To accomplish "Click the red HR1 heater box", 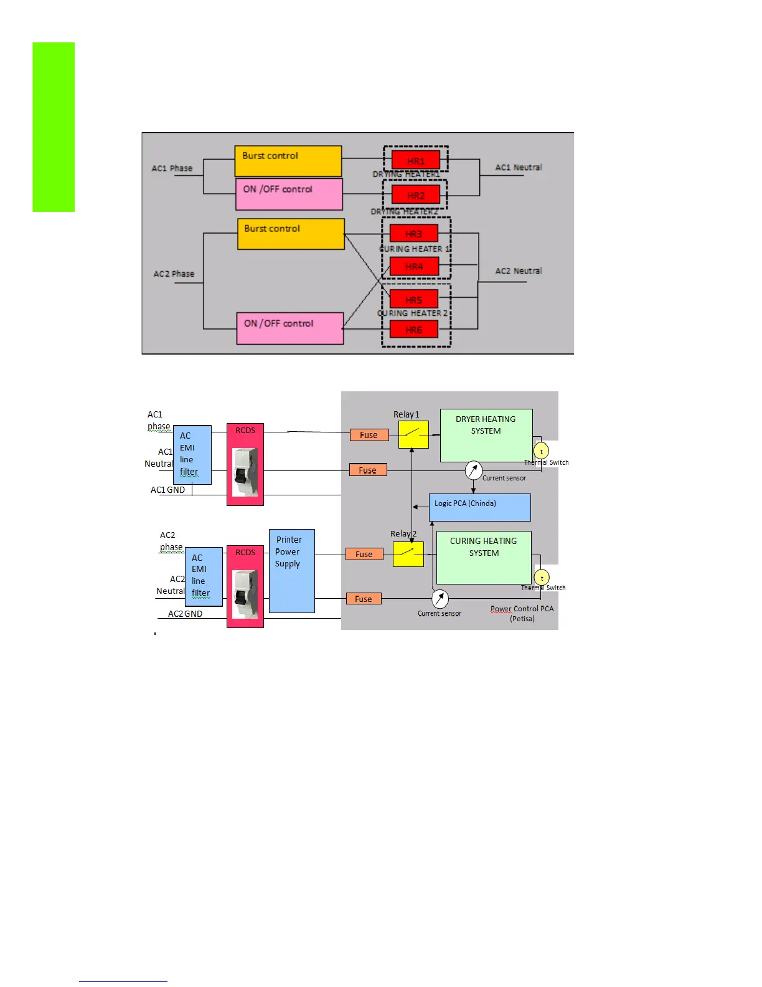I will point(415,160).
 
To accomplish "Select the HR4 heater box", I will point(414,267).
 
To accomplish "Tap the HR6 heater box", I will point(414,330).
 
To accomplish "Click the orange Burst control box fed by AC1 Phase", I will point(288,161).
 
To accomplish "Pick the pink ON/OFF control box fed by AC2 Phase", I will point(290,328).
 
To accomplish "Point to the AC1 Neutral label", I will point(519,168).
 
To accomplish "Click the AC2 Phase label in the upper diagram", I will point(174,274).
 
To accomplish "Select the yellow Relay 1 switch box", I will point(413,434).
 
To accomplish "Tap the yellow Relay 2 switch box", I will point(408,554).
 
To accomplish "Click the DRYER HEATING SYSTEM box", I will point(486,435).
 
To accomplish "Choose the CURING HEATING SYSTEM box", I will point(484,557).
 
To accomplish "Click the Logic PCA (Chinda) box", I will point(479,507).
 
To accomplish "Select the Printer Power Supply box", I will point(291,571).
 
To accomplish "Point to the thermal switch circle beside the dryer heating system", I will point(541,451).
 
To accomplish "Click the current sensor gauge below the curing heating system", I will point(440,599).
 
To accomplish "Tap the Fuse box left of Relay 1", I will point(369,435).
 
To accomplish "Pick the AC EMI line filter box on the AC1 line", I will point(192,455).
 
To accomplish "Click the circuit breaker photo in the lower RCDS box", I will point(245,594).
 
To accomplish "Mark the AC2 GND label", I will point(185,614).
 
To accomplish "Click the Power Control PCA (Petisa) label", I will point(522,613).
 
